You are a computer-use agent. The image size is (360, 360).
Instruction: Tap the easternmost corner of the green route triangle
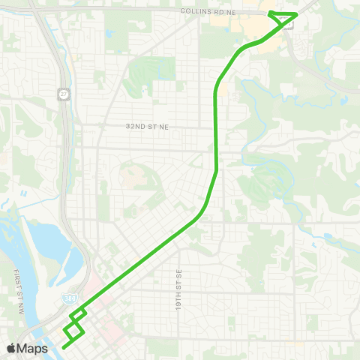(x=298, y=13)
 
